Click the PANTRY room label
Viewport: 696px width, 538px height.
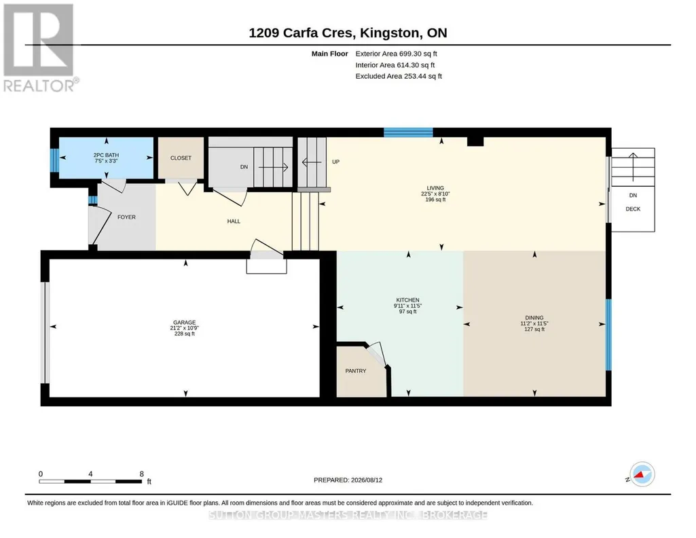click(356, 371)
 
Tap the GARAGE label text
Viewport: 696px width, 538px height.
click(184, 323)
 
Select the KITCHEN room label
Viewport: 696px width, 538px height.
click(407, 300)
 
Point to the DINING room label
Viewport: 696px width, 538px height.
click(534, 318)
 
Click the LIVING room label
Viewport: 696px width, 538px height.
click(435, 188)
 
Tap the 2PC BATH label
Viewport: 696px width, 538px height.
click(106, 155)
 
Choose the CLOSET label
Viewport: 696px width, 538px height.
click(181, 158)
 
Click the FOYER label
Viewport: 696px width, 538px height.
click(126, 217)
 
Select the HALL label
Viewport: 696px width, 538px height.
click(234, 221)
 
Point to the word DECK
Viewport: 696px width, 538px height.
click(633, 209)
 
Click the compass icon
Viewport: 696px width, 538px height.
click(642, 474)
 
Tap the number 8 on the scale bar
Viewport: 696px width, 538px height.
click(142, 473)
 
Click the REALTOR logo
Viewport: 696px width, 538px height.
click(39, 48)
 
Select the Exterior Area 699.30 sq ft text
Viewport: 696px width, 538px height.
click(396, 54)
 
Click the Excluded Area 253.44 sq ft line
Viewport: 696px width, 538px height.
click(399, 76)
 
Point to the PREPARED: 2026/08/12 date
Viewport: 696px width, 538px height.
click(348, 480)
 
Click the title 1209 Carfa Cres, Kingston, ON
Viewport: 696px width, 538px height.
click(348, 33)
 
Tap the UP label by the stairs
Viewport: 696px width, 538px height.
click(335, 162)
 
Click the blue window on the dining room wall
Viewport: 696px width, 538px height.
click(608, 335)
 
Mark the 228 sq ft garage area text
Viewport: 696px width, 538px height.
click(184, 334)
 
